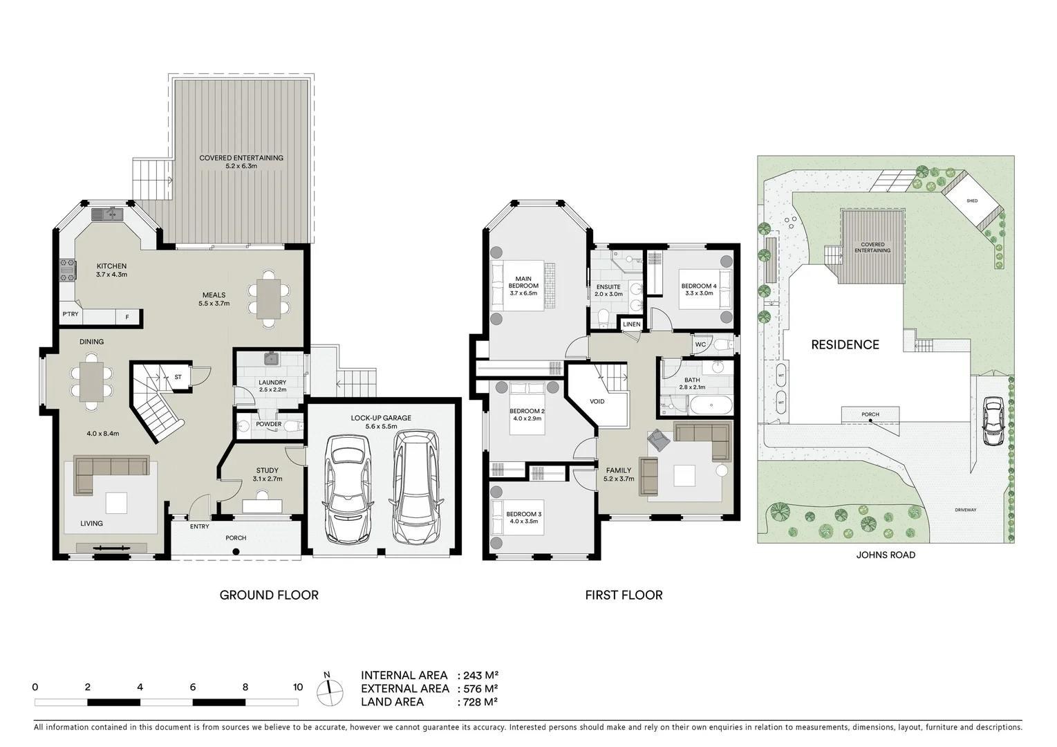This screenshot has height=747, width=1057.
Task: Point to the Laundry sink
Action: tap(271, 359)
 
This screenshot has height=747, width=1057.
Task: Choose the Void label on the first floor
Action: tap(597, 401)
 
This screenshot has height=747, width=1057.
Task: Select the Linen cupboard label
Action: tap(631, 324)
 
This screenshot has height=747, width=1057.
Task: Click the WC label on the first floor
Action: tap(700, 344)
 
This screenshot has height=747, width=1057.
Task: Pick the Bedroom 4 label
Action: tap(699, 286)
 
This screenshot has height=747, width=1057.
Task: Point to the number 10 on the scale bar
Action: tap(298, 688)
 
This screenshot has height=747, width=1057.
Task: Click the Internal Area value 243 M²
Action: tap(477, 676)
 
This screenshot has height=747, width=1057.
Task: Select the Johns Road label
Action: tap(886, 555)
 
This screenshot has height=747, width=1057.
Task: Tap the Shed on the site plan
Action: tap(971, 201)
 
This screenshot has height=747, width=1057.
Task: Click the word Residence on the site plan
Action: tap(845, 344)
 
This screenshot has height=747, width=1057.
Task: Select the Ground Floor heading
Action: tap(269, 595)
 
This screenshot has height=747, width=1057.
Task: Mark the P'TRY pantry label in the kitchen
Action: tap(70, 315)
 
